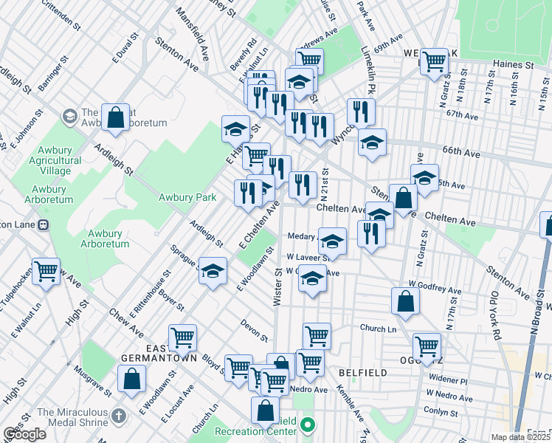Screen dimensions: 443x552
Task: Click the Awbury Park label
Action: coord(187,197)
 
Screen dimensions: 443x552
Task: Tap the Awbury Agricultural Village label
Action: coord(56,160)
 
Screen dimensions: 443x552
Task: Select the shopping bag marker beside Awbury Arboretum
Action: coord(116,117)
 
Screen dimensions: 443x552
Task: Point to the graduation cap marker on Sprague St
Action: coord(213,272)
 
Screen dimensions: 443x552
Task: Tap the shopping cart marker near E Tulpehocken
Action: coord(46,272)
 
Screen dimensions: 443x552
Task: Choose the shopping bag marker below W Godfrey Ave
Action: coord(405,301)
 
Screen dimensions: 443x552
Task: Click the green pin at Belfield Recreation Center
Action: coord(309,425)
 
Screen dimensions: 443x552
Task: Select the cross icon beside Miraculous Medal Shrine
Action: coord(118,417)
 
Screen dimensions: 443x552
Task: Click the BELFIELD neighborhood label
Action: coord(363,373)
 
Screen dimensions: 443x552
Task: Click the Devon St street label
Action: coord(255,330)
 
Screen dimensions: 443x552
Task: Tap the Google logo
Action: coord(24,434)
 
